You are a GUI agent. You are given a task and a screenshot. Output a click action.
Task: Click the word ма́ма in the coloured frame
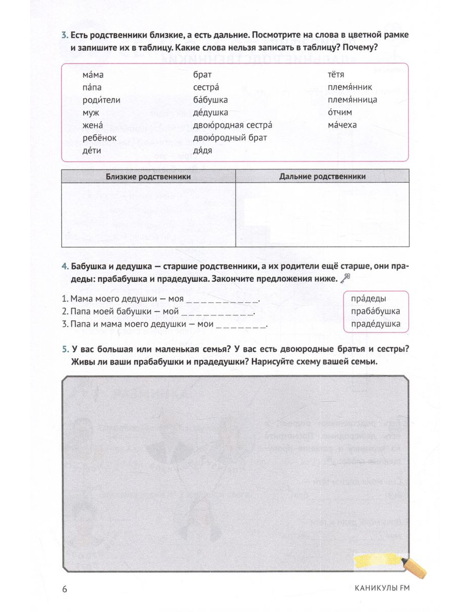pos(93,75)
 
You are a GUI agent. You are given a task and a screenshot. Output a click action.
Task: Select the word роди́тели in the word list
pos(101,100)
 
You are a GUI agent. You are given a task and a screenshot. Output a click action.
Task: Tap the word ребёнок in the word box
pos(99,138)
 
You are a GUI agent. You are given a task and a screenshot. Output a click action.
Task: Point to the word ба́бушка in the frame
pos(210,100)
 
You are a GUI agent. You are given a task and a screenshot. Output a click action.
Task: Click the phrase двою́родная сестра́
pos(232,125)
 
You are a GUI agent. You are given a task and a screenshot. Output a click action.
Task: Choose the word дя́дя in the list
pos(203,151)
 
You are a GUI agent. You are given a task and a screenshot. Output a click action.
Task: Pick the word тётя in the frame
pos(336,74)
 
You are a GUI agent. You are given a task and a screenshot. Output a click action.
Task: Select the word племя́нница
pos(352,100)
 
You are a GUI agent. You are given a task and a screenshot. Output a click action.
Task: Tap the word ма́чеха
pos(342,125)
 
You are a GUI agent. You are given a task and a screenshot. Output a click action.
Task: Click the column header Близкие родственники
pos(148,177)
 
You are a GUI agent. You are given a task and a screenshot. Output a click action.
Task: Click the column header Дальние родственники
pos(322,177)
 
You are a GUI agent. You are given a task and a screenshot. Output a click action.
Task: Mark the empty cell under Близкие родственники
pos(148,215)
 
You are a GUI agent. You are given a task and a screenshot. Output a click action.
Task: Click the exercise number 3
pos(65,35)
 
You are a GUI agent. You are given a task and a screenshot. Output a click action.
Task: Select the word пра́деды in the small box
pos(368,298)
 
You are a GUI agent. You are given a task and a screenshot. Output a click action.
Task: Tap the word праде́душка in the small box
pos(375,324)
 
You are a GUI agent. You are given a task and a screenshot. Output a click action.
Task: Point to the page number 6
pos(65,589)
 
